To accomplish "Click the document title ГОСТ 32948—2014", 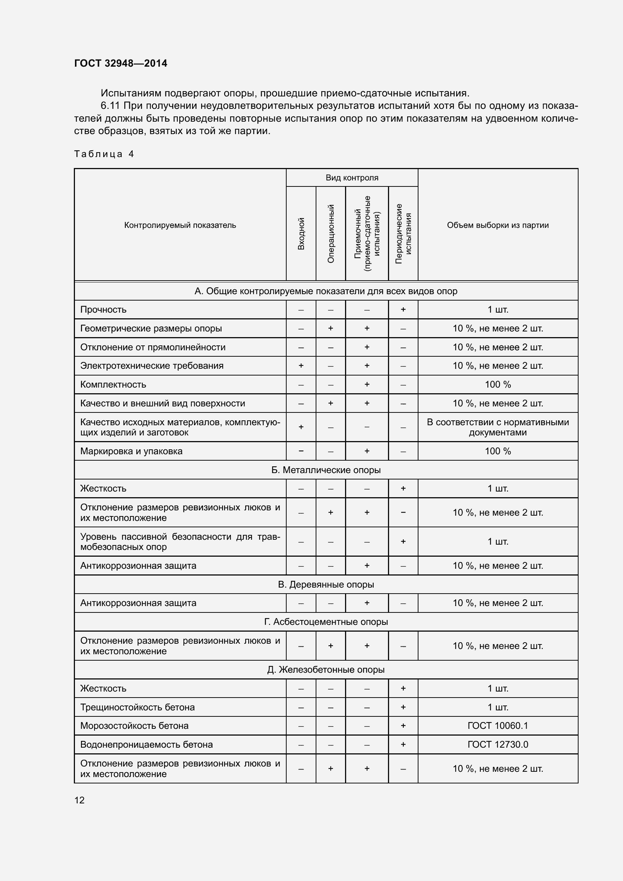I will click(x=121, y=63).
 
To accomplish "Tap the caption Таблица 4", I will click(x=104, y=154).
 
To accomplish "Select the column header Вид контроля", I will click(x=352, y=178).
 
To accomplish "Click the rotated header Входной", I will click(x=301, y=234).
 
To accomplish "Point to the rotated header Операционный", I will click(x=331, y=234).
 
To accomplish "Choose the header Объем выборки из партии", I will click(x=498, y=225).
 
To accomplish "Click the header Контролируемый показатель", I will click(x=180, y=225).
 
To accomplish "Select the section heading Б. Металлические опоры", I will click(x=326, y=470).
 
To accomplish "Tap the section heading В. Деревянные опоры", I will click(x=326, y=585).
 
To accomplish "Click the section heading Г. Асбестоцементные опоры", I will click(x=326, y=621).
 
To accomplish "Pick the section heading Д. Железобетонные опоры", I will click(x=326, y=670).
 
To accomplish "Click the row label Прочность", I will click(x=103, y=310).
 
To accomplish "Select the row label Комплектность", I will click(x=113, y=385).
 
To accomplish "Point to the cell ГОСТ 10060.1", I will click(x=498, y=725).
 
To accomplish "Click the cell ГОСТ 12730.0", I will click(x=498, y=744).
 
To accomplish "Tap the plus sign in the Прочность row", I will click(x=403, y=310).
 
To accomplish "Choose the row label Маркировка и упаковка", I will click(x=131, y=451).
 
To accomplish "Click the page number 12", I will click(x=79, y=800).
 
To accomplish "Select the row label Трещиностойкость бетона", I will click(x=137, y=707).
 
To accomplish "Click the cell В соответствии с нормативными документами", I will click(x=498, y=427).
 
